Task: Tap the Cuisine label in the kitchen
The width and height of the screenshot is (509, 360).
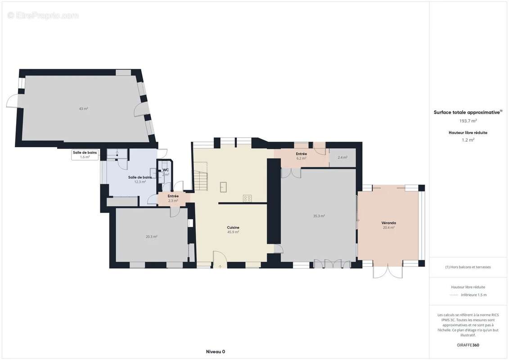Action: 233,228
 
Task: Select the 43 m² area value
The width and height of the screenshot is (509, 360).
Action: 83,108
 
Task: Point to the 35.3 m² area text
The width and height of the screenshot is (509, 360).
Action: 319,216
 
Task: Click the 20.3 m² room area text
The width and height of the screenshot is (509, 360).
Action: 151,236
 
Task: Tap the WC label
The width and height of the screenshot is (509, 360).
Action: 166,170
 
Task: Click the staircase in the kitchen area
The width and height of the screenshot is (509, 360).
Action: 200,180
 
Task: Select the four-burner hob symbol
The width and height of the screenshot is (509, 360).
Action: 247,198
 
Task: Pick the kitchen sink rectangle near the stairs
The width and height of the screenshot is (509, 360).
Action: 223,187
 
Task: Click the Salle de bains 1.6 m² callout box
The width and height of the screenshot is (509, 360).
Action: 85,155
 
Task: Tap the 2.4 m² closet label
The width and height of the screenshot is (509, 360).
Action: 342,157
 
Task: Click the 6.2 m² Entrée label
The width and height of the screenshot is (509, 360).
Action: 301,156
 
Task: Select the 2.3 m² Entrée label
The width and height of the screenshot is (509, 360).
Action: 173,198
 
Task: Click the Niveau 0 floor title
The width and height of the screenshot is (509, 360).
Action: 215,351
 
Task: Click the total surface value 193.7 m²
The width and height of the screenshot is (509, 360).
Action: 468,121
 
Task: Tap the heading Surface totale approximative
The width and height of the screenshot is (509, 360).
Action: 468,112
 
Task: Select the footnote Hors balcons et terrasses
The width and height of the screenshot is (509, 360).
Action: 468,267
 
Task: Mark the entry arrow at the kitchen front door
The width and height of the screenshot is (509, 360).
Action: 220,266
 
